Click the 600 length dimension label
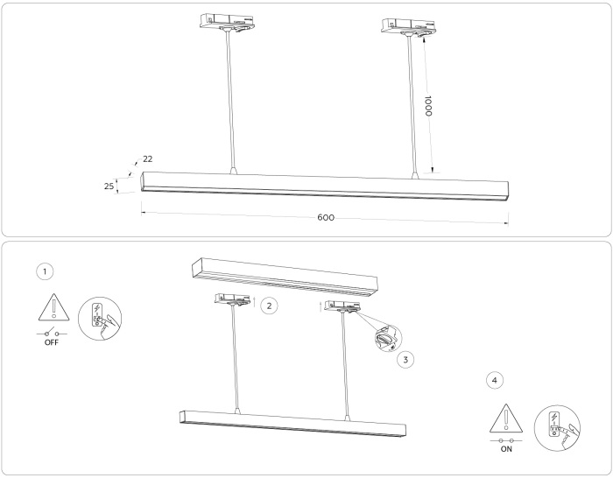pyautogui.click(x=326, y=217)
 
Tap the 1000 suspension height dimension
pyautogui.click(x=428, y=106)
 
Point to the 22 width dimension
pyautogui.click(x=147, y=158)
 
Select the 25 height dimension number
pyautogui.click(x=109, y=186)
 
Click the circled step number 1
pyautogui.click(x=45, y=271)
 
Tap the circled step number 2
pyautogui.click(x=269, y=306)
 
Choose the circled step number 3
pyautogui.click(x=405, y=360)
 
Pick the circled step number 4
pyautogui.click(x=495, y=380)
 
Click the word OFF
pyautogui.click(x=51, y=342)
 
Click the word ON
pyautogui.click(x=506, y=449)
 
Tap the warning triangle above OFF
pyautogui.click(x=54, y=306)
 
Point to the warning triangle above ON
pyautogui.click(x=506, y=418)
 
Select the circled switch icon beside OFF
pyautogui.click(x=100, y=319)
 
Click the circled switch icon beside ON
pyautogui.click(x=557, y=427)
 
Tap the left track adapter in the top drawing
pyautogui.click(x=227, y=22)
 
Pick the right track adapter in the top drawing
pyautogui.click(x=409, y=26)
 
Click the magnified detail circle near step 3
pyautogui.click(x=388, y=338)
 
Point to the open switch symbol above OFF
pyautogui.click(x=52, y=334)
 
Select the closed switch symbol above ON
pyautogui.click(x=506, y=440)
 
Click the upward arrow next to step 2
pyautogui.click(x=255, y=302)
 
